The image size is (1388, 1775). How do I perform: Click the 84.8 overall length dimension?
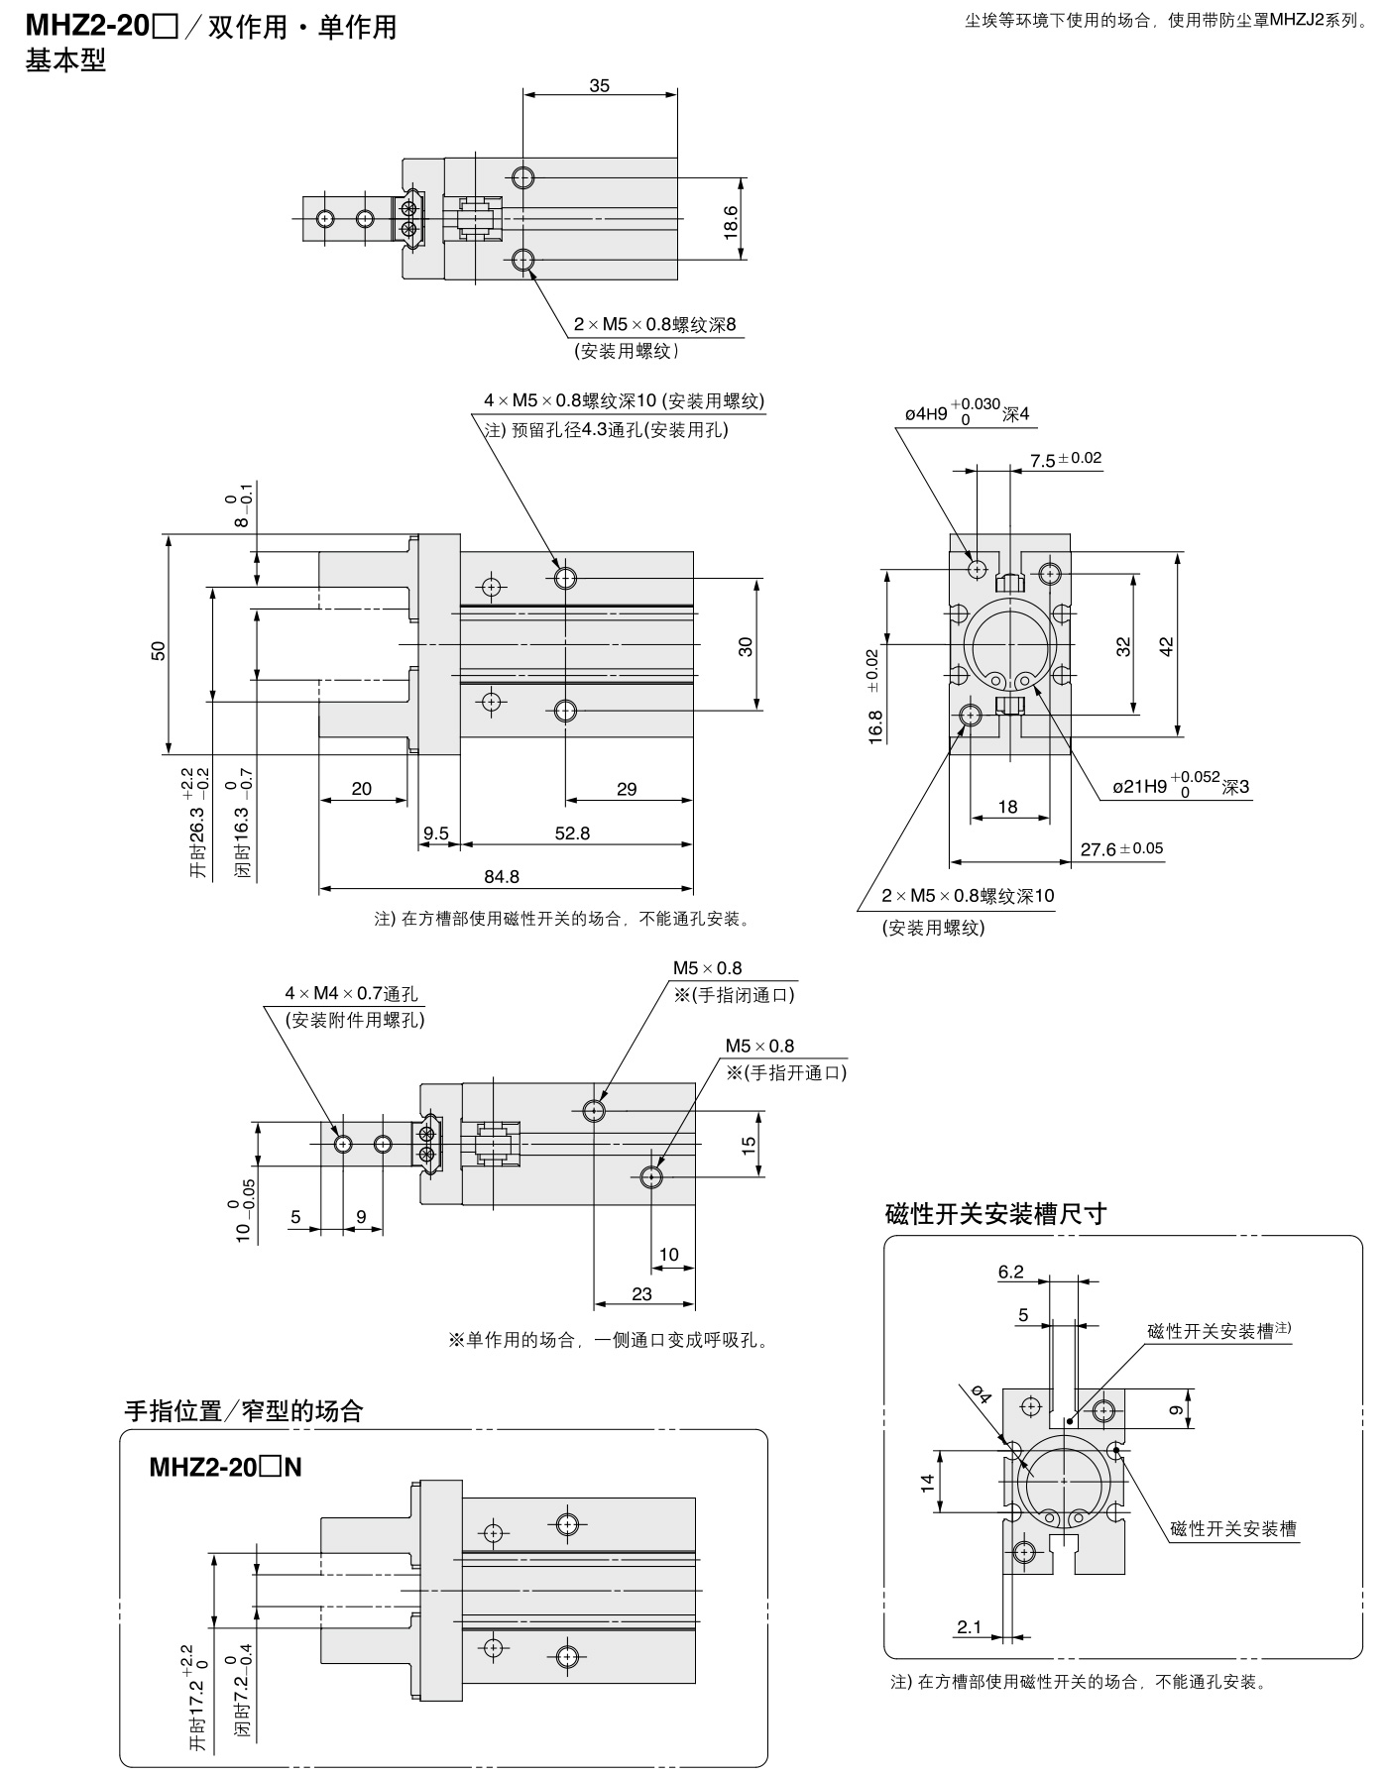click(x=502, y=876)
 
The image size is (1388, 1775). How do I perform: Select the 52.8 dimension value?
click(x=572, y=833)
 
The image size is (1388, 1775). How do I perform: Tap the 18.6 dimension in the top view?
click(x=732, y=220)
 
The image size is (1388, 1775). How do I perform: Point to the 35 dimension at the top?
click(x=600, y=85)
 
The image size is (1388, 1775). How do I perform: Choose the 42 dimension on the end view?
click(x=1167, y=646)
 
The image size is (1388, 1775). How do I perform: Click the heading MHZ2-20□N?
click(x=225, y=1468)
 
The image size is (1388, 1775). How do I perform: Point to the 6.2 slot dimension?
click(x=1011, y=1272)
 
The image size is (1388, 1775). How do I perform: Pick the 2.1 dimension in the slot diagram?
click(x=969, y=1626)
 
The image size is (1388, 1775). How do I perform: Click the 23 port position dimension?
click(x=641, y=1293)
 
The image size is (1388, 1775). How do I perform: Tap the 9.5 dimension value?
click(x=436, y=833)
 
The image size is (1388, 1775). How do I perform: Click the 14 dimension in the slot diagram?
click(x=928, y=1483)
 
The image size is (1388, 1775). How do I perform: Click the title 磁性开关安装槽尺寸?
click(x=995, y=1214)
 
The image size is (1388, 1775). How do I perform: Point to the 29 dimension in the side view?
click(x=627, y=789)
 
